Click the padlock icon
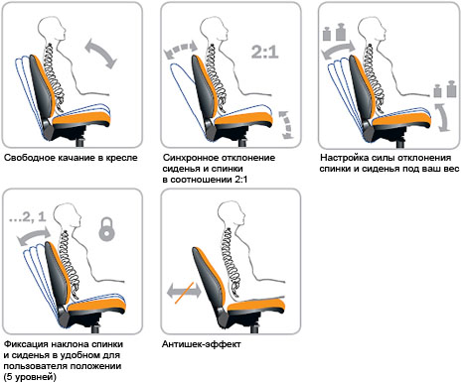coord(106,228)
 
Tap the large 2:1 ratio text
coord(265,52)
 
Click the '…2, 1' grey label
coord(27,217)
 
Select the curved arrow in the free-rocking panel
coord(101,54)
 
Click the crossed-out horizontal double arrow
coord(184,292)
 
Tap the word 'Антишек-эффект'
coord(202,344)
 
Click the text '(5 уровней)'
coord(30,376)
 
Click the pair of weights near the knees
coord(445,89)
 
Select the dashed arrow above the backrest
coord(181,50)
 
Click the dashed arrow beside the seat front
coord(286,125)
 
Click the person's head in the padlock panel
coord(68,216)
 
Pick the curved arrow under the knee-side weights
coord(443,118)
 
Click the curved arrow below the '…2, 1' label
coord(34,236)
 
